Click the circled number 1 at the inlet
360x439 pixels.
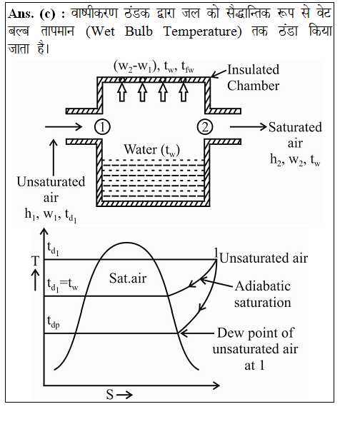click(102, 127)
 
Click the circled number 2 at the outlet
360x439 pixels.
click(205, 127)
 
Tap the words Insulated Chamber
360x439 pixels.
click(253, 78)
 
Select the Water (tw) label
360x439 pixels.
click(151, 150)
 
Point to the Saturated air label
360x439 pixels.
click(295, 135)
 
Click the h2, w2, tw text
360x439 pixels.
click(295, 160)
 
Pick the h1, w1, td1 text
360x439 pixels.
click(51, 215)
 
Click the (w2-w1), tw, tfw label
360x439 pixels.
click(154, 67)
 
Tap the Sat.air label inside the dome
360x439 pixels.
click(128, 278)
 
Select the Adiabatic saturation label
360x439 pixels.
click(263, 294)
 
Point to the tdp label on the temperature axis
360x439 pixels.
click(54, 322)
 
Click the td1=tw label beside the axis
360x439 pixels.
click(62, 286)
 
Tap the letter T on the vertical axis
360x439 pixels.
click(35, 261)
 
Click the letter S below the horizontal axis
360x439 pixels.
click(109, 395)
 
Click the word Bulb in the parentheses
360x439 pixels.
click(139, 31)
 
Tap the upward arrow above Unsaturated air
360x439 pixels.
click(54, 157)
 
